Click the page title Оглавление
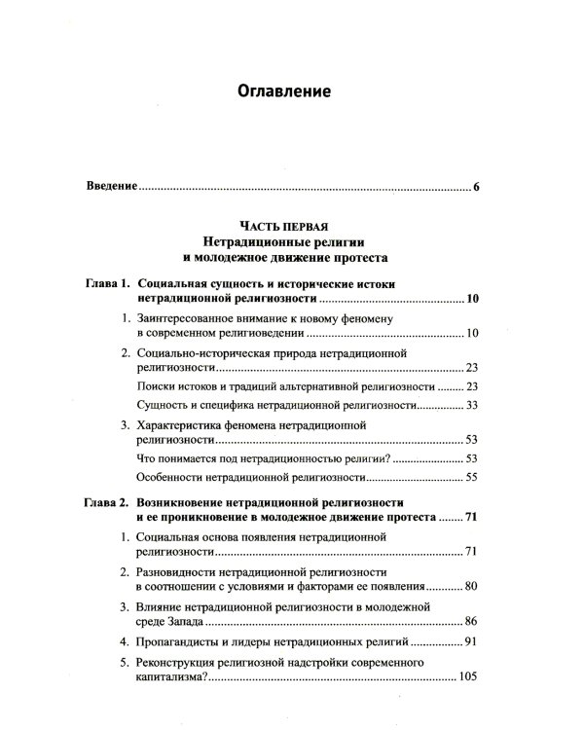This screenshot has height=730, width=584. tap(285, 92)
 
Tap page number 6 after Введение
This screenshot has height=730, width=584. tap(477, 185)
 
